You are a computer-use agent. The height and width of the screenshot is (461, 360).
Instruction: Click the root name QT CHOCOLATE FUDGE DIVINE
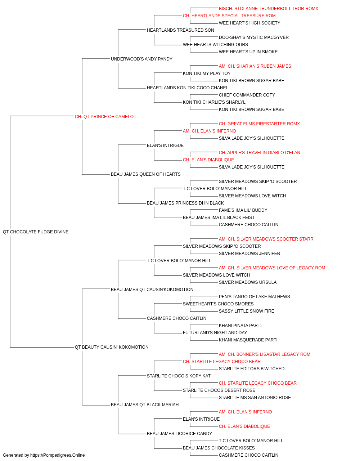[x=36, y=232]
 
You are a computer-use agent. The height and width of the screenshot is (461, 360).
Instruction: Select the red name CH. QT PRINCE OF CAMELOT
[x=105, y=117]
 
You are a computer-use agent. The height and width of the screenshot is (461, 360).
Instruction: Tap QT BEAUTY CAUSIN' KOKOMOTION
[x=112, y=347]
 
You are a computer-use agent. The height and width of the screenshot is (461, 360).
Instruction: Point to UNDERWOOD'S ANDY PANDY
[x=141, y=59]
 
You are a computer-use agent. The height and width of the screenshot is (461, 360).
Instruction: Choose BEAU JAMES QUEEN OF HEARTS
[x=146, y=174]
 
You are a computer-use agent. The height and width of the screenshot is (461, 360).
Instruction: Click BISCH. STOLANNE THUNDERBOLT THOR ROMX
[x=269, y=9]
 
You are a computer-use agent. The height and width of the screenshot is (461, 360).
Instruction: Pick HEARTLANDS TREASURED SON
[x=180, y=30]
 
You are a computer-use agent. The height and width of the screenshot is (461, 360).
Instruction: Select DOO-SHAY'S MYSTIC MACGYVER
[x=253, y=37]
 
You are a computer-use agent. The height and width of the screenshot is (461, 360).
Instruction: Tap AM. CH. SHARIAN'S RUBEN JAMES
[x=255, y=66]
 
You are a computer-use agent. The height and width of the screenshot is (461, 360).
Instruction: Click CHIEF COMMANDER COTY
[x=247, y=95]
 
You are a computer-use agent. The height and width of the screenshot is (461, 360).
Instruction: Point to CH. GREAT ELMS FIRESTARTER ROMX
[x=259, y=124]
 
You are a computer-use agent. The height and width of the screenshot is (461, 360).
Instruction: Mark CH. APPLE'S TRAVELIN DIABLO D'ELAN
[x=260, y=153]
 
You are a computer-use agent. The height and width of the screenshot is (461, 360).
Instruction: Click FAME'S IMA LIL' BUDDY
[x=243, y=210]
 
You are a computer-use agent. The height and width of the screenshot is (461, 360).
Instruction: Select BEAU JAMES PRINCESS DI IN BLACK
[x=185, y=203]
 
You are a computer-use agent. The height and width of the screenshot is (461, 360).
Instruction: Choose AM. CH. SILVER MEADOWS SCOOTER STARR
[x=266, y=239]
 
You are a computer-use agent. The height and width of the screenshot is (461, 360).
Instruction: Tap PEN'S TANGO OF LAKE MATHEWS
[x=254, y=296]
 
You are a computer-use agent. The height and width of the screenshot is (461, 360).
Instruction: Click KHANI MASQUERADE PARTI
[x=248, y=340]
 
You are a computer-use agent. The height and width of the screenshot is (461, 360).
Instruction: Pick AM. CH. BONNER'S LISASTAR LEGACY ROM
[x=264, y=354]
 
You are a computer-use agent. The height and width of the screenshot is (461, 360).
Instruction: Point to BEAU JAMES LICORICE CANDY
[x=179, y=433]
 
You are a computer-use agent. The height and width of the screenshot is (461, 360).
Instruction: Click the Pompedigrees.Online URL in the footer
[x=58, y=455]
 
